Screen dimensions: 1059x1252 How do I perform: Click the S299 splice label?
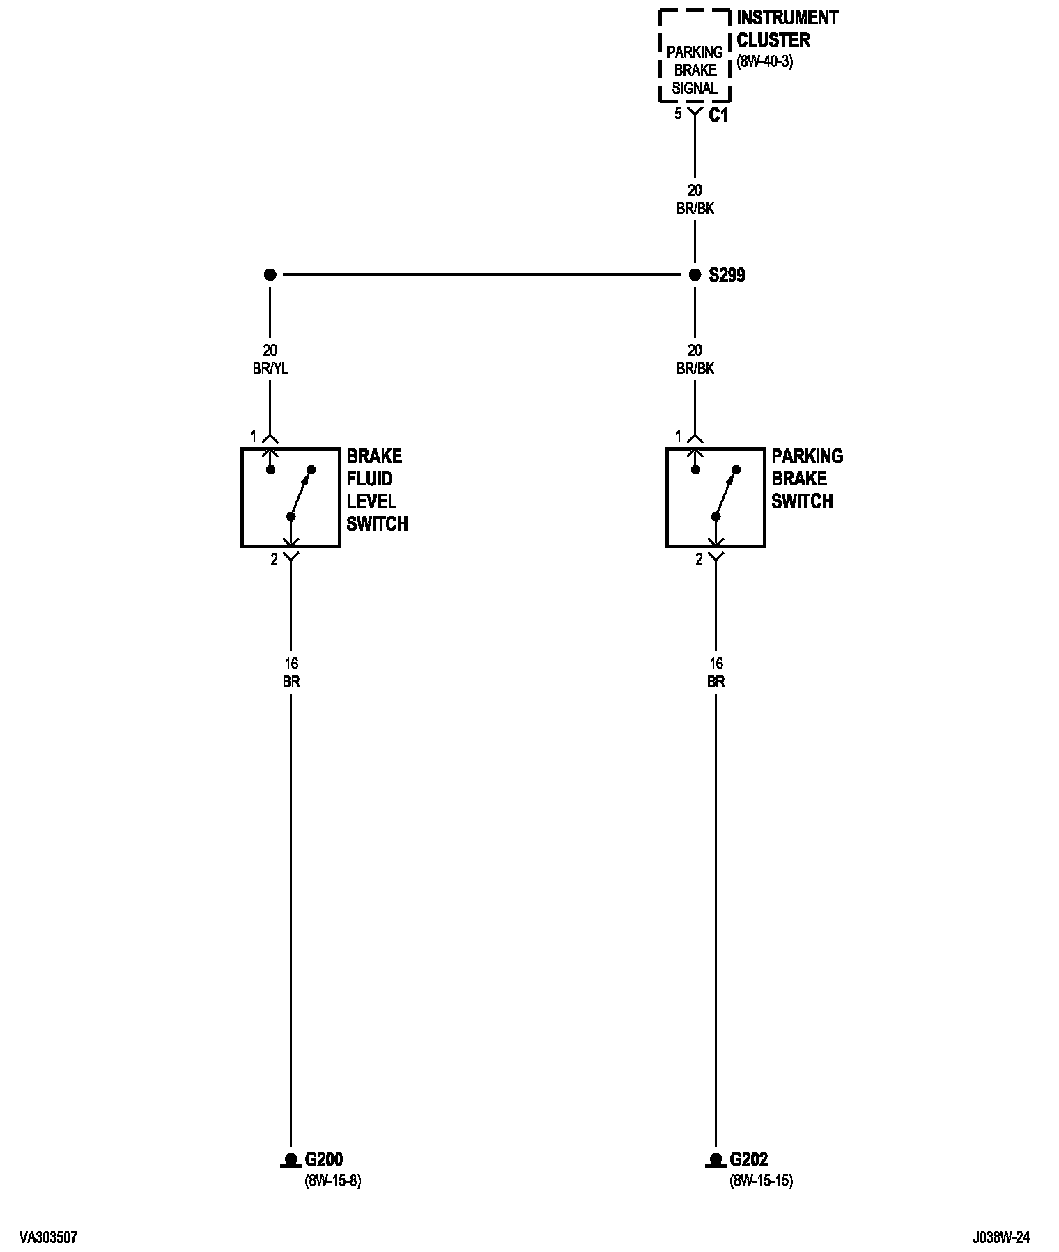pyautogui.click(x=727, y=276)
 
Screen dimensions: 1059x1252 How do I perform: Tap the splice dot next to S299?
pyautogui.click(x=695, y=275)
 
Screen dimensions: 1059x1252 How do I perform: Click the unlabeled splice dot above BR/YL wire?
pyautogui.click(x=270, y=275)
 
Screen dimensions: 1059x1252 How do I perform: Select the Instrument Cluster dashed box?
pyautogui.click(x=695, y=56)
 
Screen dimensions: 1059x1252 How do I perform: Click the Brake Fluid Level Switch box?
pyautogui.click(x=291, y=497)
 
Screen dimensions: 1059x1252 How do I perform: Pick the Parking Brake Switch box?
pyautogui.click(x=716, y=497)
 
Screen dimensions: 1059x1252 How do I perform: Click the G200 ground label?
pyautogui.click(x=324, y=1159)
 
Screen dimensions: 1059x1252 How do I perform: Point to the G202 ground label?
pyautogui.click(x=749, y=1159)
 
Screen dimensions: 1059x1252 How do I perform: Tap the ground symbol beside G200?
pyautogui.click(x=291, y=1161)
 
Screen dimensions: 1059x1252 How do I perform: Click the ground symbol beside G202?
pyautogui.click(x=716, y=1161)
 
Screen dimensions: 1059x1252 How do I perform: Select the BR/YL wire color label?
pyautogui.click(x=270, y=368)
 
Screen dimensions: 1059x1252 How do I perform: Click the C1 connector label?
pyautogui.click(x=718, y=116)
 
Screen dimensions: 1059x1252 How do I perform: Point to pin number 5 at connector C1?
pyautogui.click(x=678, y=114)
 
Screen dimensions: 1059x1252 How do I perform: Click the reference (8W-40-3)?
pyautogui.click(x=765, y=62)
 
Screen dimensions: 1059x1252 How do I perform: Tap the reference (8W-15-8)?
pyautogui.click(x=333, y=1181)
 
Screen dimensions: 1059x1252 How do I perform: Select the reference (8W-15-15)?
pyautogui.click(x=762, y=1181)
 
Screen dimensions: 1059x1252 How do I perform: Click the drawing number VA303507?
pyautogui.click(x=48, y=1237)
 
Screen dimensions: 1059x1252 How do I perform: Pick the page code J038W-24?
pyautogui.click(x=1002, y=1237)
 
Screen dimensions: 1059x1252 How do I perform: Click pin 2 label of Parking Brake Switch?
pyautogui.click(x=699, y=559)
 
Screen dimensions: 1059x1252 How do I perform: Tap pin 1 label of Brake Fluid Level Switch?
pyautogui.click(x=254, y=437)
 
